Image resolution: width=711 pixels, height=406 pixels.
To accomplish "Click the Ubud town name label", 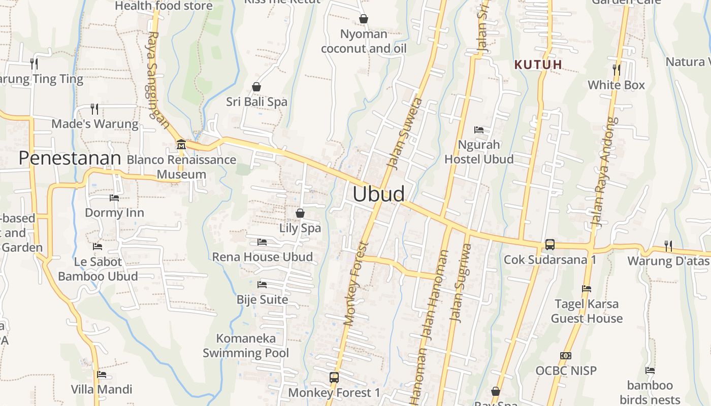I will click(378, 194).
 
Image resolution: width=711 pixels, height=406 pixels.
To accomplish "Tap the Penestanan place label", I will click(70, 158).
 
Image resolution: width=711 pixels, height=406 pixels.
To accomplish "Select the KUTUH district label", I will click(538, 64).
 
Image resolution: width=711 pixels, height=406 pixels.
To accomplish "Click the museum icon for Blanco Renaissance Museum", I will click(181, 145).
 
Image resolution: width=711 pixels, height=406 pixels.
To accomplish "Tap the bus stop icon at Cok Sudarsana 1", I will click(550, 245).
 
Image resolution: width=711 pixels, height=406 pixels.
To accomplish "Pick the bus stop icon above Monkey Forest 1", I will click(334, 378).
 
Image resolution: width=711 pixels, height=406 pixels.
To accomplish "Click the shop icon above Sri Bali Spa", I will click(256, 87).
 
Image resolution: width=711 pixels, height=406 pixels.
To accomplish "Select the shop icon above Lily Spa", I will click(300, 213).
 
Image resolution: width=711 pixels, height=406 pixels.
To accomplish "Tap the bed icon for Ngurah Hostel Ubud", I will click(478, 130).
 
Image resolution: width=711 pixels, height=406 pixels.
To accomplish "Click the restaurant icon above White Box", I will click(616, 70).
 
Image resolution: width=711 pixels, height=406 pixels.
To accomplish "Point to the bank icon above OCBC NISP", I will click(565, 356).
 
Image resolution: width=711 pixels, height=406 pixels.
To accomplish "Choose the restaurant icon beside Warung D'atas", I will click(668, 246).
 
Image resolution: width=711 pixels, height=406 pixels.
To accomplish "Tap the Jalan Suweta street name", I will click(404, 133).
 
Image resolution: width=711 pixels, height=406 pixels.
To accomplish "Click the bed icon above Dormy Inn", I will click(114, 198).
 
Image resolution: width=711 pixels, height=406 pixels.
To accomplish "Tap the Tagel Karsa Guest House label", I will click(587, 311).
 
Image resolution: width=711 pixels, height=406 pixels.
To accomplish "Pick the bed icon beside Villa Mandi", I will click(102, 375).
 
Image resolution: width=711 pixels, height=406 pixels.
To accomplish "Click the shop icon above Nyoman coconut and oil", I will click(364, 19).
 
